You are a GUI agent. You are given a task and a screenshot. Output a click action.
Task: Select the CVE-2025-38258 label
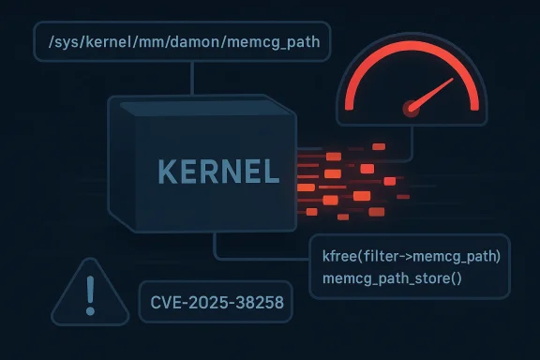pos(214,304)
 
